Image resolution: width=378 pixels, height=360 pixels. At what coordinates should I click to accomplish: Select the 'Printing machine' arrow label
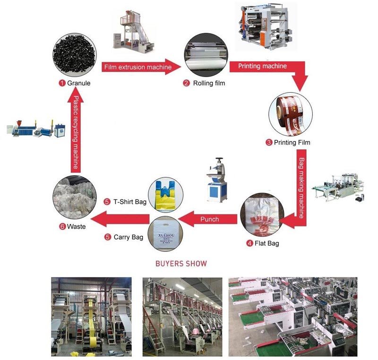click(x=262, y=66)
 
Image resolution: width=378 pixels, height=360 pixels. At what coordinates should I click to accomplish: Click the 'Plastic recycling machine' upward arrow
click(x=76, y=132)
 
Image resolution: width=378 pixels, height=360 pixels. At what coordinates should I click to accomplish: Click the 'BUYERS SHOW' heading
click(x=181, y=264)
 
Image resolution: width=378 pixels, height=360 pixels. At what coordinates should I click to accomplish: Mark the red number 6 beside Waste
click(x=62, y=226)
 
